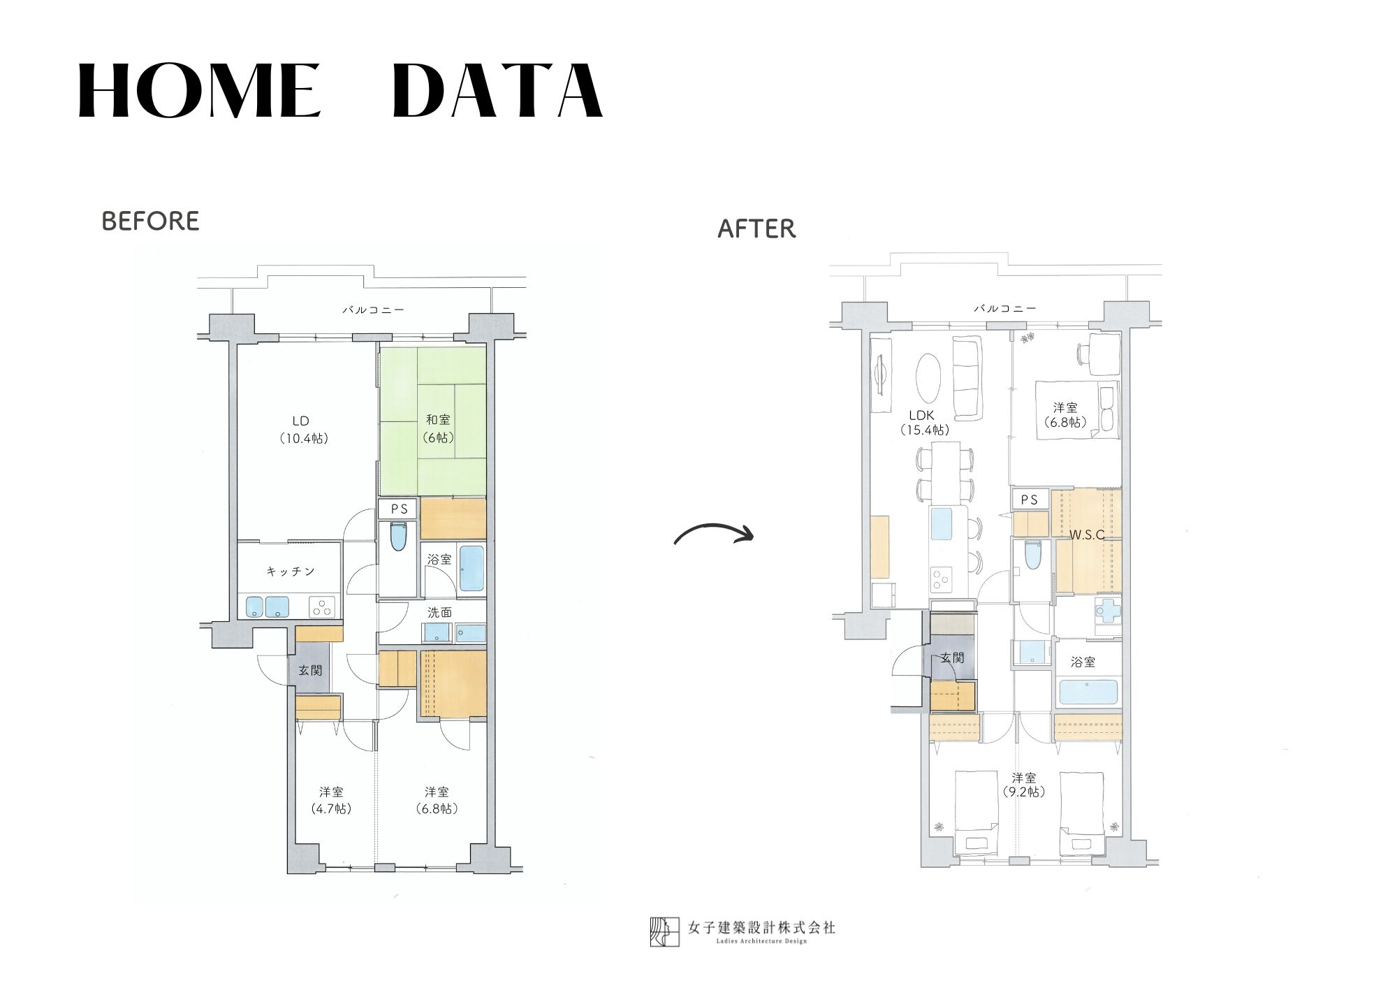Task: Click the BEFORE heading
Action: point(150,221)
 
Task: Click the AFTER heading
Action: point(756,228)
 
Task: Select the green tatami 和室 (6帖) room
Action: point(432,421)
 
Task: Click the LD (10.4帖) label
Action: point(303,430)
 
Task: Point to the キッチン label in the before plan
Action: point(291,572)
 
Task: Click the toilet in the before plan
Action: point(399,537)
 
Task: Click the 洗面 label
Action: point(439,612)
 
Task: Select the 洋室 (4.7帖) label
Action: point(331,800)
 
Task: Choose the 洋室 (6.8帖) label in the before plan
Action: point(437,800)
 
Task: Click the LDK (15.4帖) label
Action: point(924,423)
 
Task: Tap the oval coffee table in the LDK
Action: point(928,377)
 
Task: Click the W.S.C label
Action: point(1087,535)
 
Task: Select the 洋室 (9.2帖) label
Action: point(1024,785)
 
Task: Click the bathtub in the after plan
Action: point(1088,692)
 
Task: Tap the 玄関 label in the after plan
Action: point(952,658)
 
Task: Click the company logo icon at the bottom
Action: point(664,931)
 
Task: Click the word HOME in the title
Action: point(199,91)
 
